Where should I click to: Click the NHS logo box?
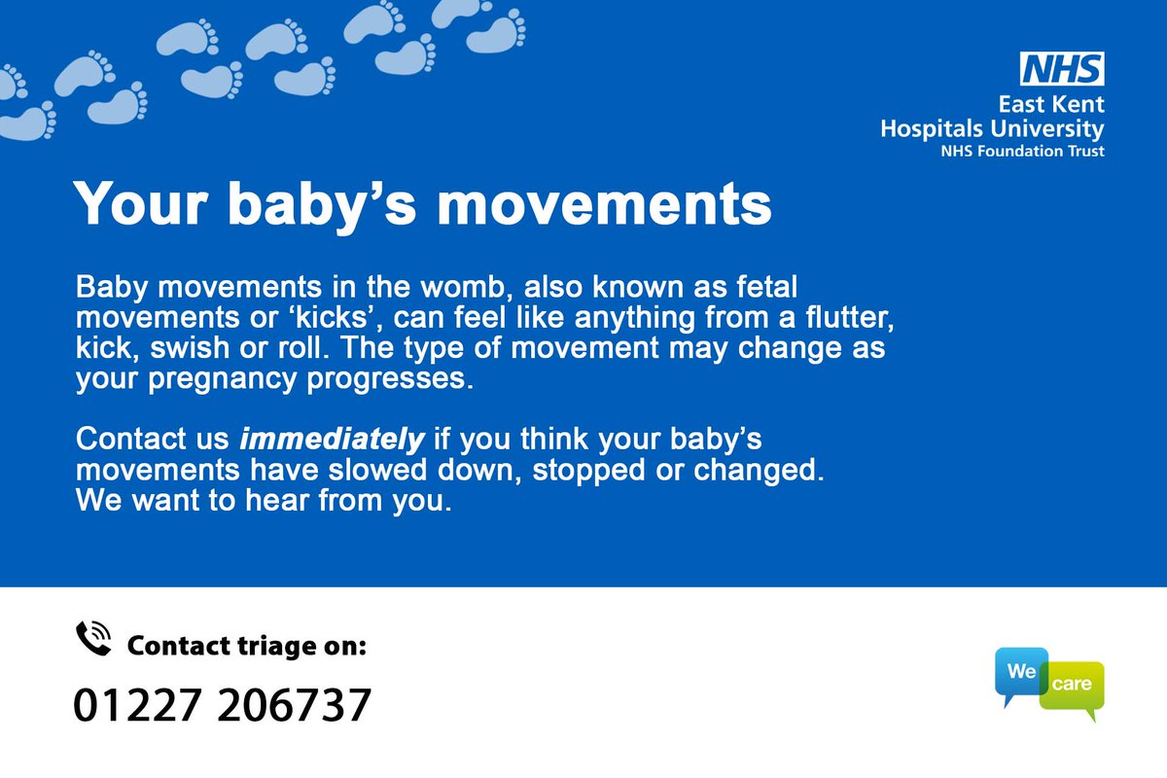(1061, 69)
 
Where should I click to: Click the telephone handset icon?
(94, 639)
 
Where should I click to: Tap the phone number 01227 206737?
(223, 705)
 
